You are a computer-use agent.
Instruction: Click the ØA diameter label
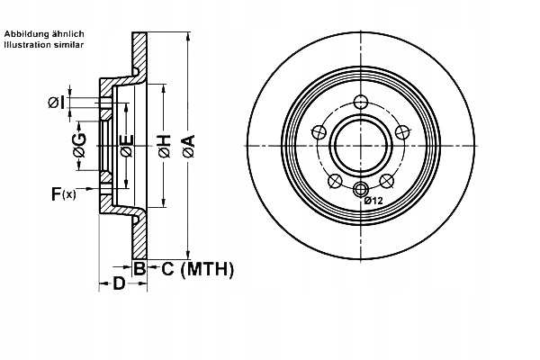tap(189, 147)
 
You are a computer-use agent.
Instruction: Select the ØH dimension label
tap(165, 147)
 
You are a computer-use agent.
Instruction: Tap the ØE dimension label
tap(126, 146)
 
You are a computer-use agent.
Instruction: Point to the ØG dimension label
tap(79, 146)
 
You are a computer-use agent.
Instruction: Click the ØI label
tap(57, 103)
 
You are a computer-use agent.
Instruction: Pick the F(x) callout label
tap(63, 193)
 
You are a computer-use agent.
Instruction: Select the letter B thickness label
tap(139, 269)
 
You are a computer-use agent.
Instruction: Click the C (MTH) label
tap(198, 269)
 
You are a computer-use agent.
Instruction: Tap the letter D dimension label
tap(119, 283)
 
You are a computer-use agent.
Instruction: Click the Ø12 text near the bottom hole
tap(373, 201)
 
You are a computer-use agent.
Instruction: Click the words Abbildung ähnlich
tap(44, 34)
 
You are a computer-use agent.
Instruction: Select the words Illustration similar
tap(44, 45)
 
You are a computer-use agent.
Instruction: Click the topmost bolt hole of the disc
tap(361, 102)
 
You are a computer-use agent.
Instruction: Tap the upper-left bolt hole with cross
tap(319, 132)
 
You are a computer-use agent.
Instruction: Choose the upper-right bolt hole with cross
tap(402, 132)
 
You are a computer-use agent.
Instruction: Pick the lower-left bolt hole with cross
tap(335, 181)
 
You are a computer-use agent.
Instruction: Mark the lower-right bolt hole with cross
tap(386, 181)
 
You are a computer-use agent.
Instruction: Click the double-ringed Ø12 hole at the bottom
tap(361, 189)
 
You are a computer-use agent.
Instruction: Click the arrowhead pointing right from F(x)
tap(89, 188)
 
